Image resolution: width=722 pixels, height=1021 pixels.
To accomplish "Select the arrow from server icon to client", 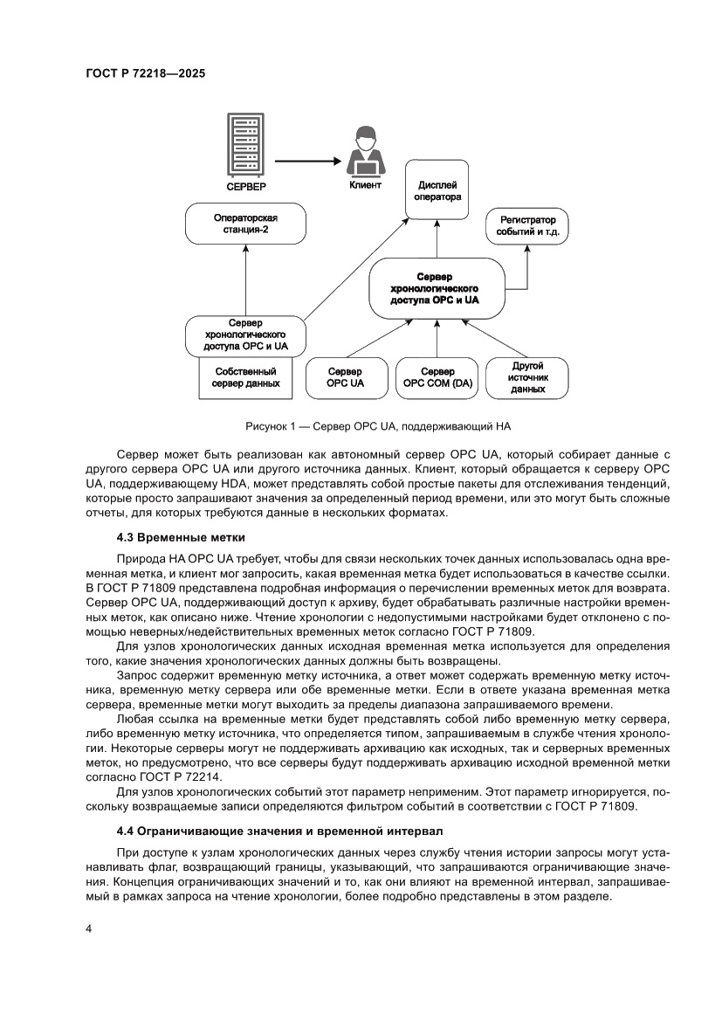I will coord(306,161).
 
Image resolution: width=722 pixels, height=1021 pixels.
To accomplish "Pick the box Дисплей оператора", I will coord(437,191).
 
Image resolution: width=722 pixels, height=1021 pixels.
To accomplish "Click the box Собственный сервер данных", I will coord(246,378).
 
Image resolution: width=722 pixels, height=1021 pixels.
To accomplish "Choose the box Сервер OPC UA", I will coord(346,377).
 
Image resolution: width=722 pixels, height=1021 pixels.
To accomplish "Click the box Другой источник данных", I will coord(527,377).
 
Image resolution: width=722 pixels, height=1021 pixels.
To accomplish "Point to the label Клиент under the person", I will coord(364,186).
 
